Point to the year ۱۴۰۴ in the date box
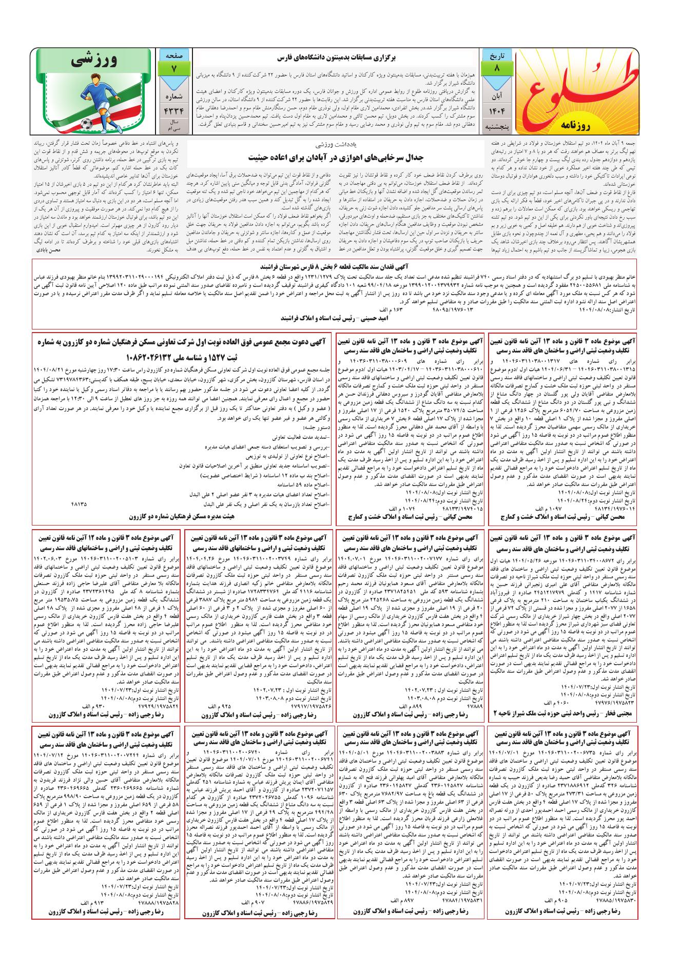496,112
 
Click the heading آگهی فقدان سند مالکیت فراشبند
339,267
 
